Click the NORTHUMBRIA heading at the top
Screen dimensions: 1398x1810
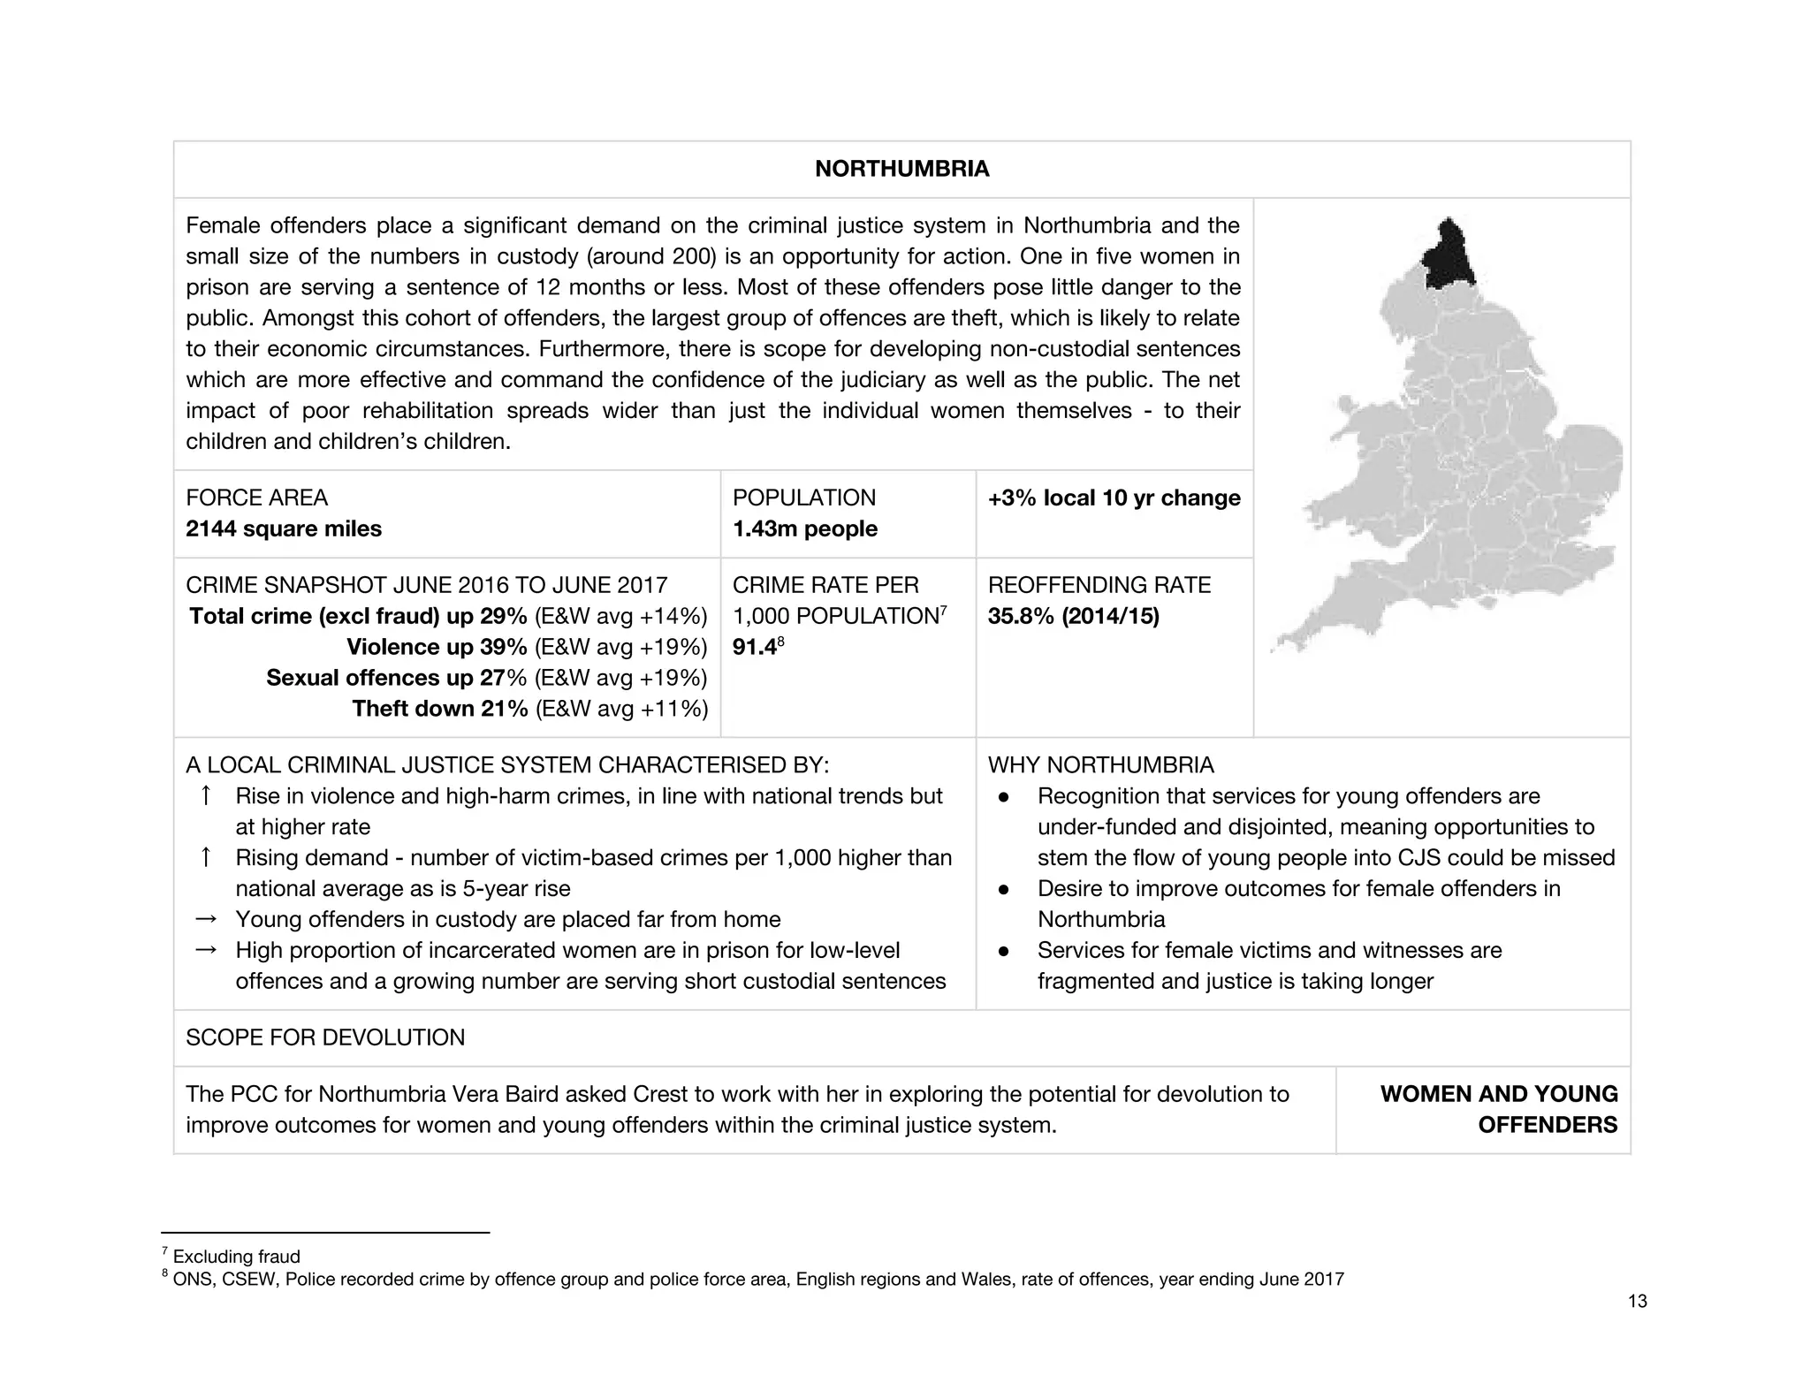[x=901, y=169]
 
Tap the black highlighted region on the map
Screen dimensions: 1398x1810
[x=1446, y=256]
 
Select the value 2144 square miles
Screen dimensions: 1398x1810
[x=284, y=528]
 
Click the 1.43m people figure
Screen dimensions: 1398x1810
[x=804, y=528]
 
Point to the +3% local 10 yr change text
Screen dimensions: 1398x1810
[x=1114, y=498]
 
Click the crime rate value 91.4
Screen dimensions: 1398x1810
[x=753, y=648]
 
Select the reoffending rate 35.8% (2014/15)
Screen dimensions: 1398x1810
[x=1073, y=616]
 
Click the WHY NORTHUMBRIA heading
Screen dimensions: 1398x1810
[x=1100, y=764]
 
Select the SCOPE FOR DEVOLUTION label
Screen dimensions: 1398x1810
[x=324, y=1037]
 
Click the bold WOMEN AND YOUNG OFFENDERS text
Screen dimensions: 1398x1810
[x=1499, y=1109]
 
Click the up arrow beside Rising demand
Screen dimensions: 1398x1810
[x=205, y=857]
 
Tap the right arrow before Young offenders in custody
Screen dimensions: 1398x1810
[x=205, y=919]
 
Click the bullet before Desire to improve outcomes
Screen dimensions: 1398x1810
[x=1003, y=889]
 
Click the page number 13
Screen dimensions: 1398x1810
[x=1637, y=1301]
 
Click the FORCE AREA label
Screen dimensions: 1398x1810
[x=256, y=498]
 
